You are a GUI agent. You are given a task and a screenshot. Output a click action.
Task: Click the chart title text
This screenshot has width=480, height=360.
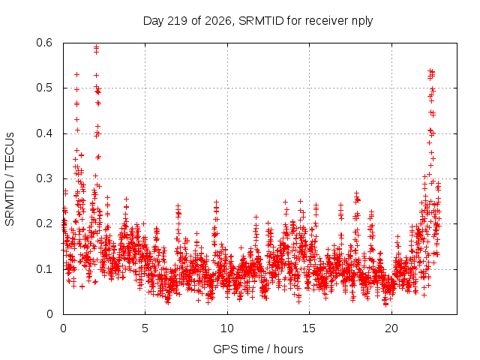click(x=258, y=21)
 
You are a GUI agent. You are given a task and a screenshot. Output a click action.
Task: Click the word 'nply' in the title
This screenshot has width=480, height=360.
click(x=362, y=22)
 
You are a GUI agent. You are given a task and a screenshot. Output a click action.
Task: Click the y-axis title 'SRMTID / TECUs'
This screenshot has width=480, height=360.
click(x=10, y=179)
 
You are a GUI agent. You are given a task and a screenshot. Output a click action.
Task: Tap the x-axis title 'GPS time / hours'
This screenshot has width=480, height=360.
click(x=258, y=349)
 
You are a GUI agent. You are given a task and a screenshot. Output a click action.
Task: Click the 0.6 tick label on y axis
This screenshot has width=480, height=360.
click(x=44, y=43)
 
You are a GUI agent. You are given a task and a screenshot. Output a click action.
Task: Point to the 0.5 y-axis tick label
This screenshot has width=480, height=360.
click(x=44, y=88)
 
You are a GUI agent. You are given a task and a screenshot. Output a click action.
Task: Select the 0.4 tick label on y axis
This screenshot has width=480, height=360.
click(x=44, y=133)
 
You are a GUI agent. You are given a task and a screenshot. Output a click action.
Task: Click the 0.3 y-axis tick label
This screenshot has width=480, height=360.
click(x=44, y=178)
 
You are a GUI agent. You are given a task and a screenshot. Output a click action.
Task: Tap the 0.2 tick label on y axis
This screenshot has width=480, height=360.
click(x=44, y=223)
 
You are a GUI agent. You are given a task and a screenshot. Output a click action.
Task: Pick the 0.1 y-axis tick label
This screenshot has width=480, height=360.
click(x=44, y=269)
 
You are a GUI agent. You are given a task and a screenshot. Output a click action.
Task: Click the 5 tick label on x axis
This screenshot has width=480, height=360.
click(x=145, y=328)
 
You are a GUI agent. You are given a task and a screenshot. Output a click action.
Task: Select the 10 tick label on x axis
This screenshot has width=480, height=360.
click(x=227, y=328)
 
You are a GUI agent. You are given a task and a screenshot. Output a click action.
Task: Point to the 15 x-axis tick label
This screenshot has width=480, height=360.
click(x=309, y=328)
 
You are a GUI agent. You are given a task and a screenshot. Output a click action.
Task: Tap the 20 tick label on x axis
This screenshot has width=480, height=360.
click(x=391, y=328)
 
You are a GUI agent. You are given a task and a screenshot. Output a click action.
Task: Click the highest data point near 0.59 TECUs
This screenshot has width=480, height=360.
click(x=96, y=46)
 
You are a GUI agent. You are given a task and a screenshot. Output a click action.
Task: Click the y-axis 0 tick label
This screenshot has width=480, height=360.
click(x=49, y=314)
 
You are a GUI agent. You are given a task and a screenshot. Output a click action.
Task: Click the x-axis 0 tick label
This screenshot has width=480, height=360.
click(x=63, y=328)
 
